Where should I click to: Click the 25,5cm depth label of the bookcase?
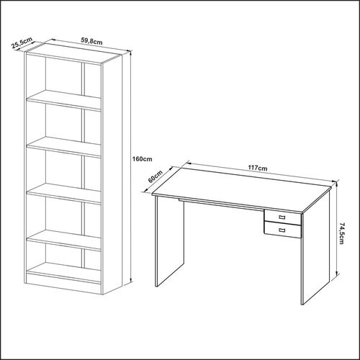(22, 43)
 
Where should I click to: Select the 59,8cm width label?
(91, 42)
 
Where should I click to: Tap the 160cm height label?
(143, 159)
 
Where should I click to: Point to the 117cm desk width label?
(258, 168)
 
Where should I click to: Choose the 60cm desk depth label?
(156, 176)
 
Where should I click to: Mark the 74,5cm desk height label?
(342, 233)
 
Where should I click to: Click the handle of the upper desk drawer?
(282, 217)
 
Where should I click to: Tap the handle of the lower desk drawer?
(282, 230)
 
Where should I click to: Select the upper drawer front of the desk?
(282, 217)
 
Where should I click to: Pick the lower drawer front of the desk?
(282, 230)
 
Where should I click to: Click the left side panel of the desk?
(170, 241)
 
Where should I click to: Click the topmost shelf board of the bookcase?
(63, 100)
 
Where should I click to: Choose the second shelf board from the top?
(63, 147)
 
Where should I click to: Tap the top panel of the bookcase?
(73, 53)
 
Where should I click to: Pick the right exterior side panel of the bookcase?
(112, 174)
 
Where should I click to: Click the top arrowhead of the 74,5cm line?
(337, 184)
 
